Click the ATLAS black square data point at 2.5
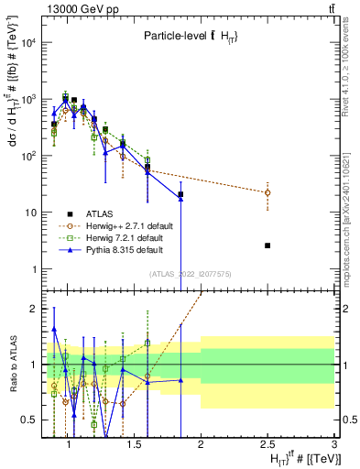click(267, 245)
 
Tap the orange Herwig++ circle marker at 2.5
click(267, 192)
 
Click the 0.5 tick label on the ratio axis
click(29, 420)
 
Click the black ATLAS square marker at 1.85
click(180, 194)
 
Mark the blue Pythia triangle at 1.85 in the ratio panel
click(180, 380)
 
